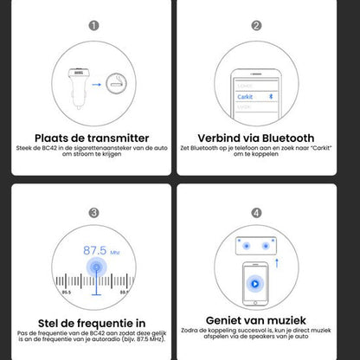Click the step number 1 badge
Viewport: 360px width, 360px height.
tap(93, 26)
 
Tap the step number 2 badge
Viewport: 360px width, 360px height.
tap(256, 26)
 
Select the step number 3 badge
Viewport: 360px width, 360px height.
tap(93, 211)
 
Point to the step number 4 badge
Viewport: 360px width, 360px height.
tap(256, 211)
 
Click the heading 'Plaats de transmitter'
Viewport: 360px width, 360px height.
tap(92, 138)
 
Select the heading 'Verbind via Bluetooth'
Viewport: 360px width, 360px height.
tap(256, 138)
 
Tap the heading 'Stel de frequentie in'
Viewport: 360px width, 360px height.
tap(92, 321)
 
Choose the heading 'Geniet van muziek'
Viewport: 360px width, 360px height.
tap(256, 321)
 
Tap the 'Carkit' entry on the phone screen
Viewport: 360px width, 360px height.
tap(246, 98)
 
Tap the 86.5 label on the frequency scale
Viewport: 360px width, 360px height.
tap(66, 292)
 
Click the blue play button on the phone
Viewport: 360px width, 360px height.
tap(257, 283)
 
